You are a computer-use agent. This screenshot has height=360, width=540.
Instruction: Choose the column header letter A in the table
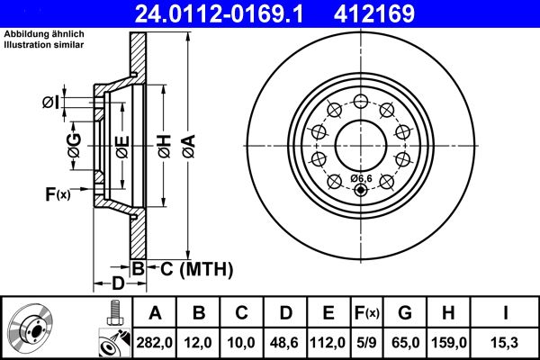pyautogui.click(x=154, y=313)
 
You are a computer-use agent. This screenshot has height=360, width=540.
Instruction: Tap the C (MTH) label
pyautogui.click(x=196, y=268)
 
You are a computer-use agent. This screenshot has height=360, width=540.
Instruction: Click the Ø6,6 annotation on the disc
pyautogui.click(x=362, y=177)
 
